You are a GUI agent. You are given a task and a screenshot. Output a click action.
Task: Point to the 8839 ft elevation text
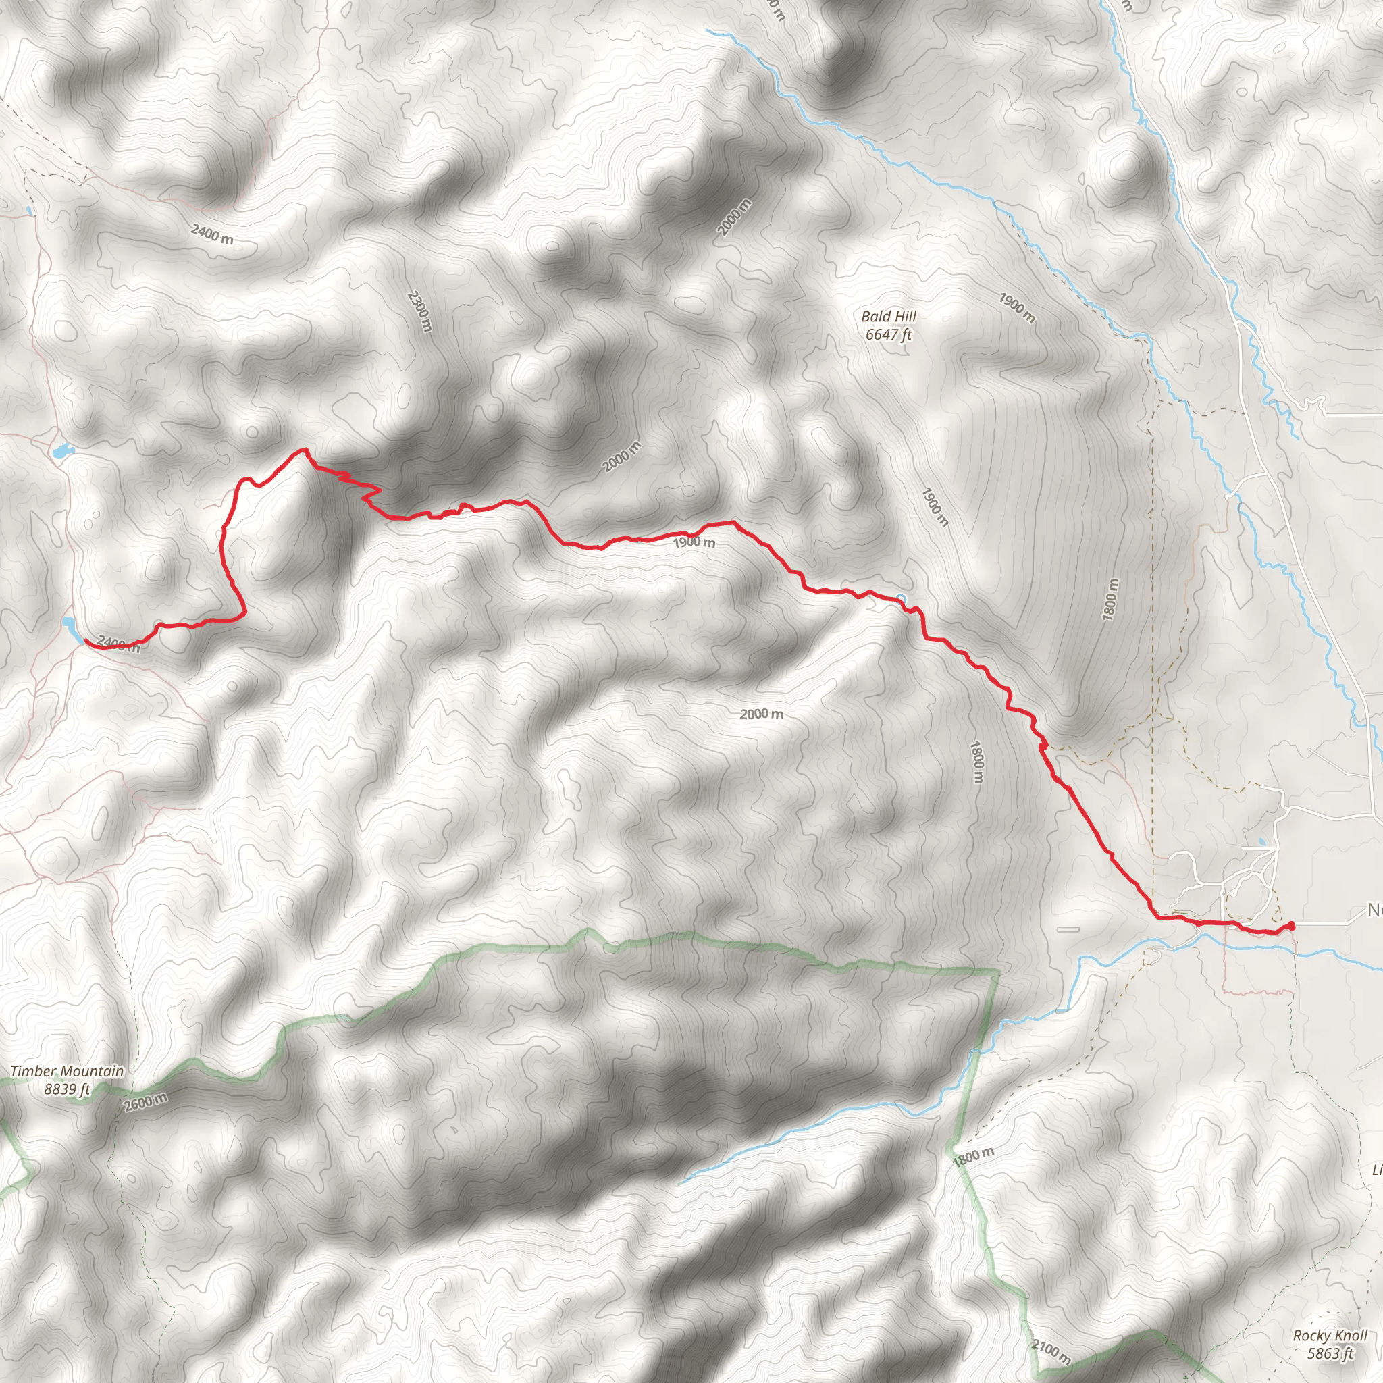point(68,1089)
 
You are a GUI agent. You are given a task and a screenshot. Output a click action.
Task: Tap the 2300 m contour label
point(420,311)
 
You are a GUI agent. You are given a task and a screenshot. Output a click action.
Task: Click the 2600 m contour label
point(146,1102)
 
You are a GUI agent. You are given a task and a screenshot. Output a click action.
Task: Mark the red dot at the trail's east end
point(1290,927)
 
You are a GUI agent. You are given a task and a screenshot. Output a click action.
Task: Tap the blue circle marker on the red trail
point(902,598)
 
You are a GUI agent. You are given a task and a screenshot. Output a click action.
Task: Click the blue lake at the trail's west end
point(72,627)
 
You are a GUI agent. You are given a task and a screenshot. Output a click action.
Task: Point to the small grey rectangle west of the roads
point(1068,929)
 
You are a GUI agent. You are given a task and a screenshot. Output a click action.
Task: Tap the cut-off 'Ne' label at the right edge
point(1374,910)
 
